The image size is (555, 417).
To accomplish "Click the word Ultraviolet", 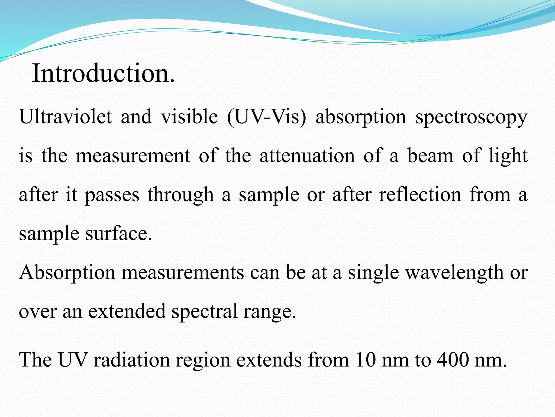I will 65,117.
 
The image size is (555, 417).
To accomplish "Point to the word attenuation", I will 307,156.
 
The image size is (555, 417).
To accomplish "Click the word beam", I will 430,156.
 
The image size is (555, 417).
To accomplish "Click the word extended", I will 127,311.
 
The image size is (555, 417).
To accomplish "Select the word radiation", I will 131,360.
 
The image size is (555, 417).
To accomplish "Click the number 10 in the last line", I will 365,360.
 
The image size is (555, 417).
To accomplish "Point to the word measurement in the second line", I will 133,156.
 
